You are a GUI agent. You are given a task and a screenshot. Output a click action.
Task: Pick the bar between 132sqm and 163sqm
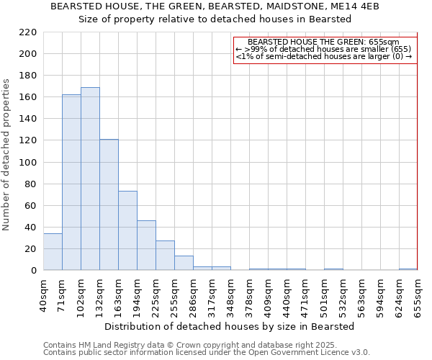pos(109,204)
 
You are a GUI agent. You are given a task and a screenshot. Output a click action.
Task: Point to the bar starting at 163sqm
pos(127,230)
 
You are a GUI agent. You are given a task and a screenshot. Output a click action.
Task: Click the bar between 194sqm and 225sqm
pos(146,246)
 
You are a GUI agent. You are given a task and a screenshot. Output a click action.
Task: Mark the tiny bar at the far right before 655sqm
pos(408,269)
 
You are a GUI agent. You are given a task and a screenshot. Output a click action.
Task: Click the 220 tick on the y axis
pos(28,32)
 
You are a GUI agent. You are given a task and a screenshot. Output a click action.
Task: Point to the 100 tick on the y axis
pos(28,162)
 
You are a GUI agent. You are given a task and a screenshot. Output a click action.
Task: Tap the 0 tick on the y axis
pos(33,271)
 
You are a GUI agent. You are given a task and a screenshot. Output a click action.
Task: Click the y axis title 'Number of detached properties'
pos(7,156)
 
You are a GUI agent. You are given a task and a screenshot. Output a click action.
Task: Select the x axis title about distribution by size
pos(229,326)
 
